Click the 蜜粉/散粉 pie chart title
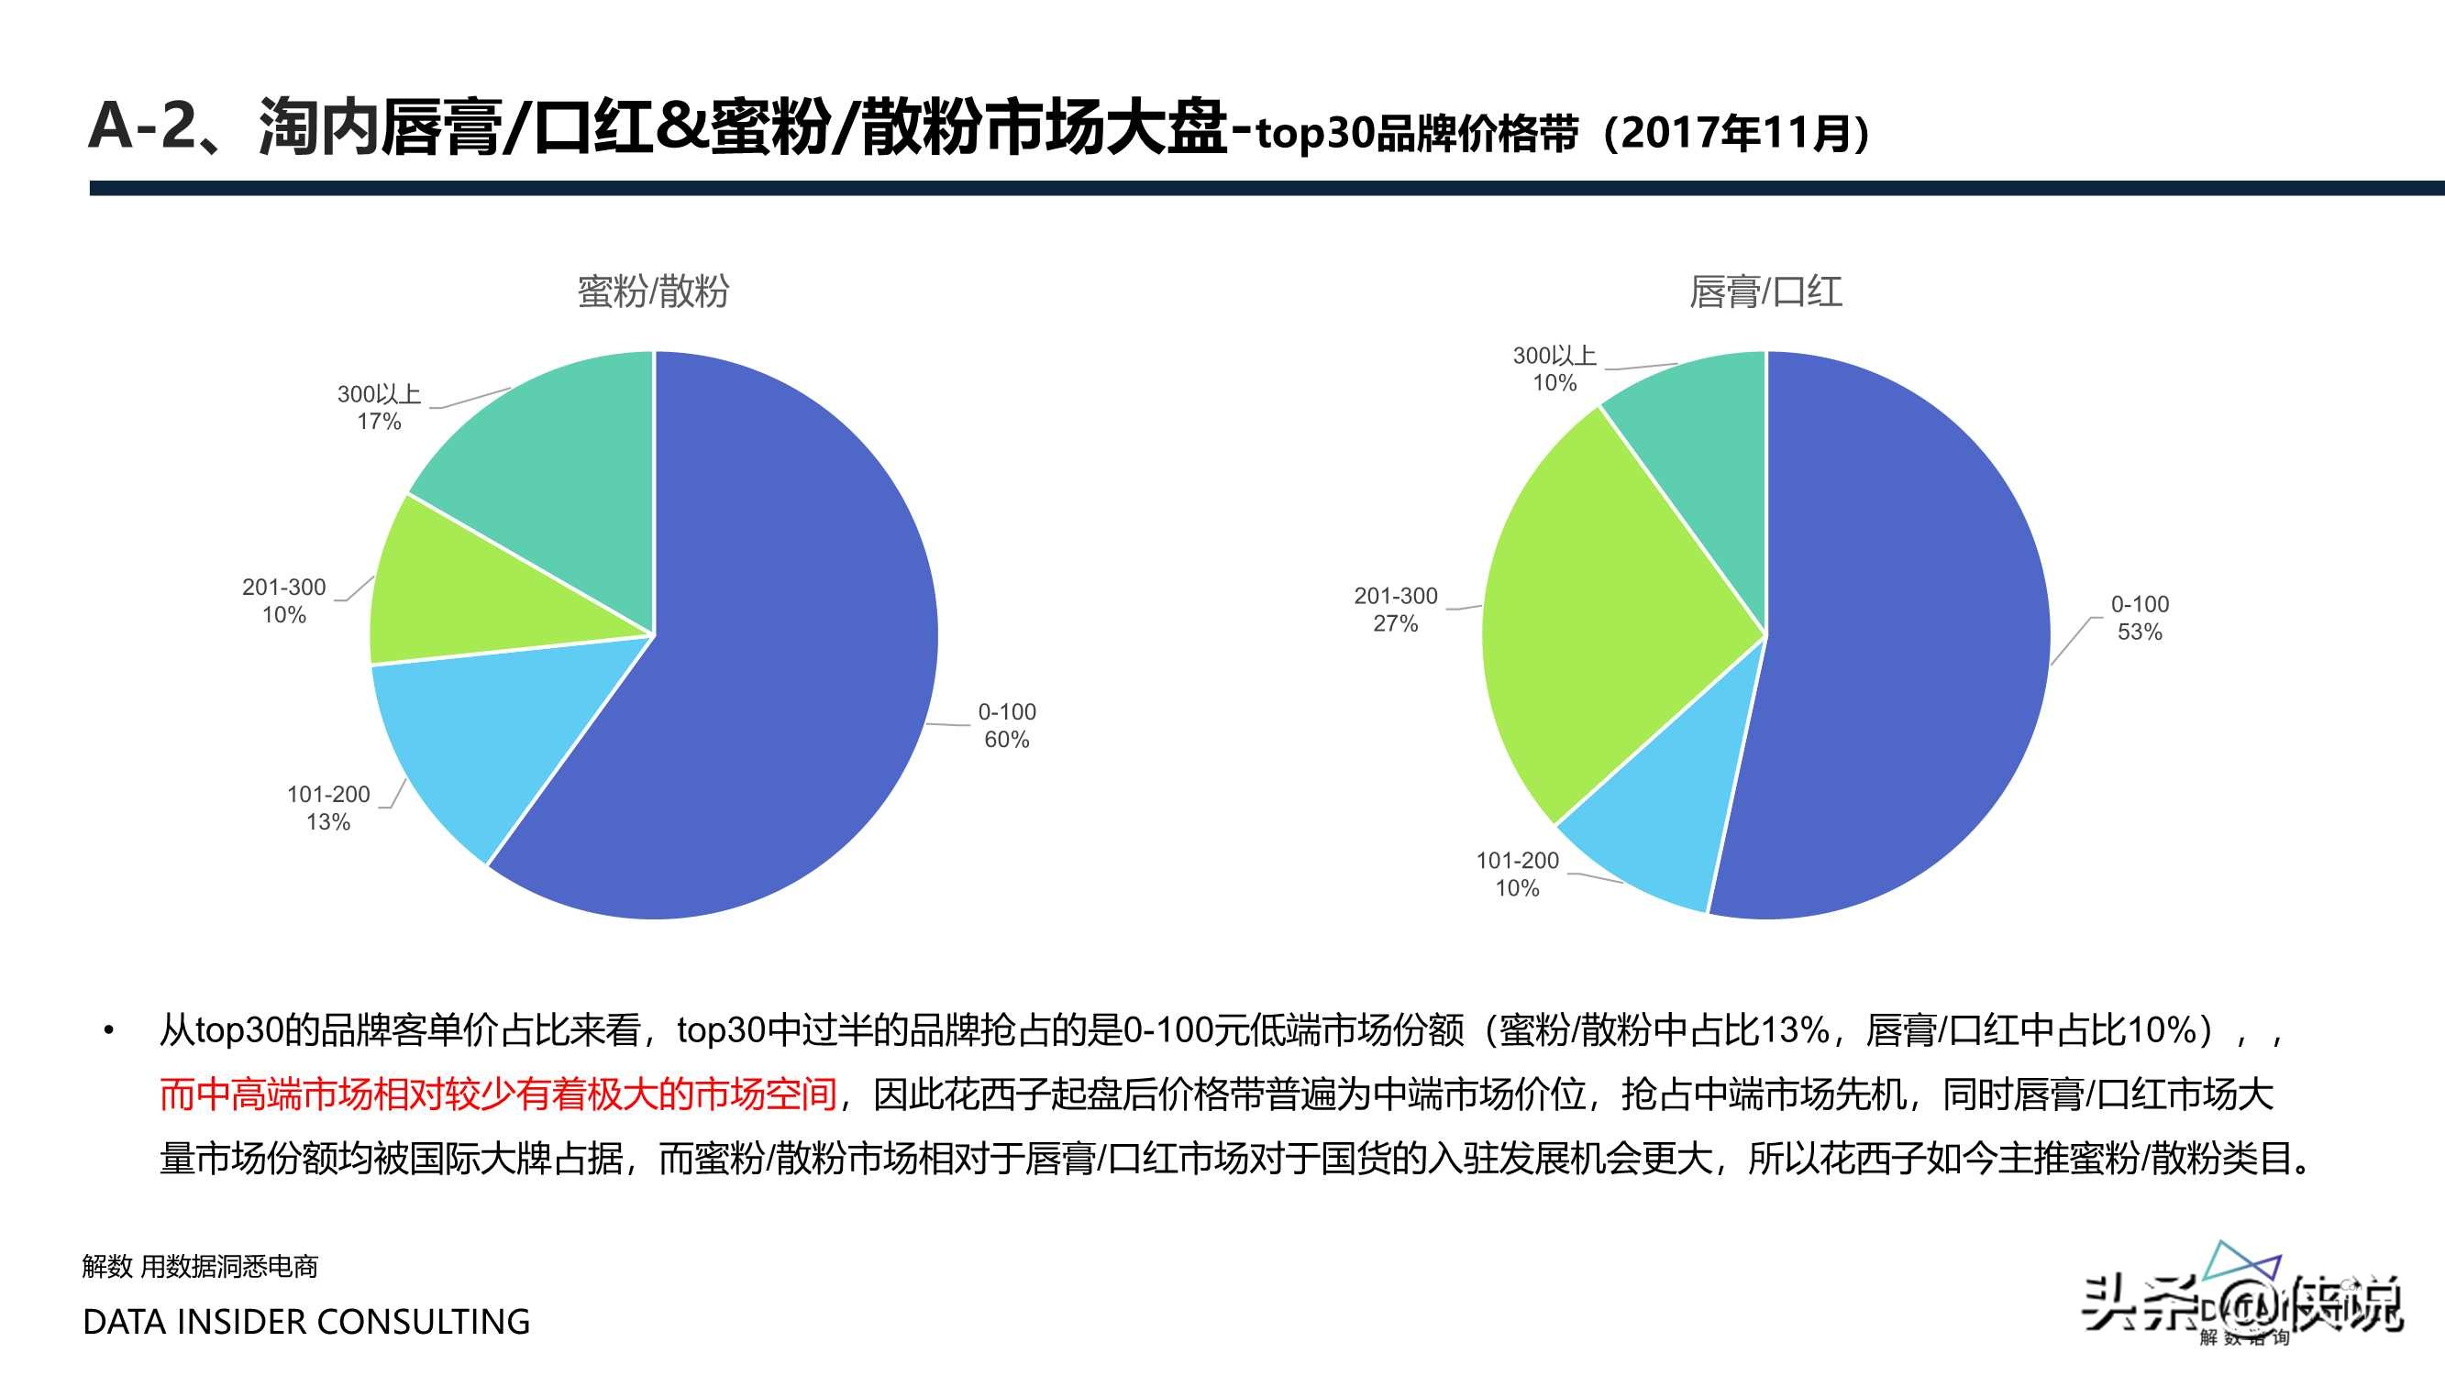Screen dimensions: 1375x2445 coord(653,291)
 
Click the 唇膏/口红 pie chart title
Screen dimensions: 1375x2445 coord(1765,291)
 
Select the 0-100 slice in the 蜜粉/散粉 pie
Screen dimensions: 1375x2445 coord(759,665)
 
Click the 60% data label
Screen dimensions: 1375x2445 coord(1006,739)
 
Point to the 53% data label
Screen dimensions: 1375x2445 coord(2140,632)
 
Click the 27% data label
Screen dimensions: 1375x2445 coord(1395,623)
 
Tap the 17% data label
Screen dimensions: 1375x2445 coord(379,422)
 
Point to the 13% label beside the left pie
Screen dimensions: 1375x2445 coord(328,821)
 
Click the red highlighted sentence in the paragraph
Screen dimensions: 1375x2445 coord(498,1094)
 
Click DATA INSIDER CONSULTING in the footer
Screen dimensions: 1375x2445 coord(306,1321)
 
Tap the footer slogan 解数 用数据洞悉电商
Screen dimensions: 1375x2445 coord(200,1266)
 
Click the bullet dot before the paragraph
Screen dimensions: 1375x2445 coord(109,1030)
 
